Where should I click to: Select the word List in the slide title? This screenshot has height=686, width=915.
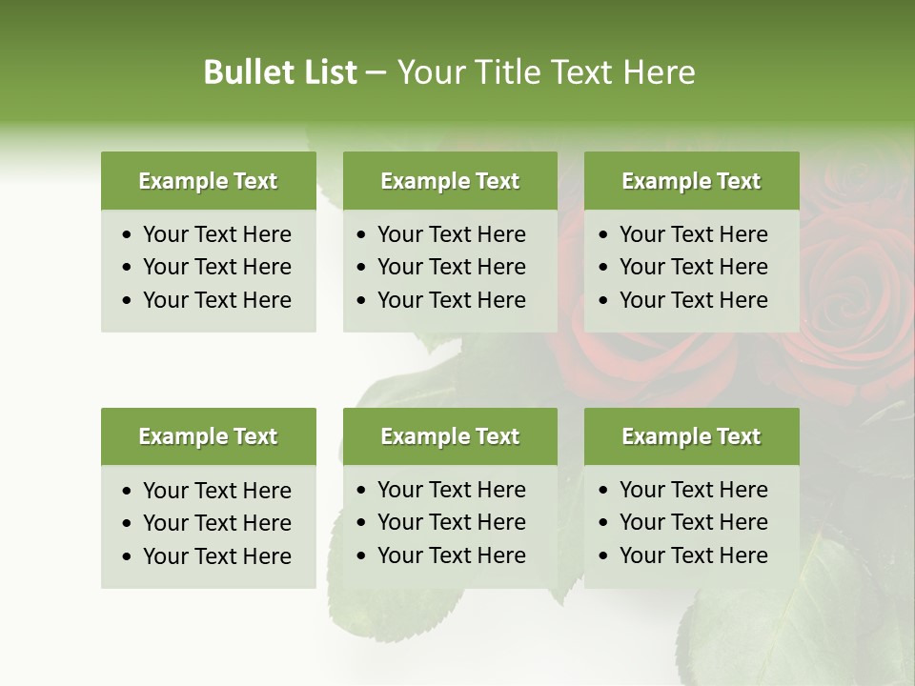tap(327, 72)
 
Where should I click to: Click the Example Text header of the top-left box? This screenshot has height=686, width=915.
tap(208, 181)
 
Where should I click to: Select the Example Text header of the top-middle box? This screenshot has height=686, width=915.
tap(450, 181)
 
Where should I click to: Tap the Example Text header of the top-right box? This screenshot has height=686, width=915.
tap(691, 181)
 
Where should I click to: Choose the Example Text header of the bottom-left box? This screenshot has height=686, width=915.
tap(208, 436)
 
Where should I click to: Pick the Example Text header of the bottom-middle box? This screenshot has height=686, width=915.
tap(450, 436)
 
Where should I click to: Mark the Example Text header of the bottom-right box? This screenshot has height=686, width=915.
tap(691, 436)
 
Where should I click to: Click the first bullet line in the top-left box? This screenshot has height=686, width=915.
tap(217, 234)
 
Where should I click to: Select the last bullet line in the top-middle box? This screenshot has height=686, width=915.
tap(452, 300)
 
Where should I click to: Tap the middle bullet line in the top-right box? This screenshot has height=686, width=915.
tap(694, 267)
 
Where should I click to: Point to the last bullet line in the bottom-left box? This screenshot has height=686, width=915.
tap(217, 556)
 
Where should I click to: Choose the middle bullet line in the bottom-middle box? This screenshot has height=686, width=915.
tap(452, 522)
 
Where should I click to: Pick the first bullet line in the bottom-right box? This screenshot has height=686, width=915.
tap(694, 490)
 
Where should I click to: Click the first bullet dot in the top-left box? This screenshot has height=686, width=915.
tap(128, 235)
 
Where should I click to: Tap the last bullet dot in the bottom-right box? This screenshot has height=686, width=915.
tap(604, 556)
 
